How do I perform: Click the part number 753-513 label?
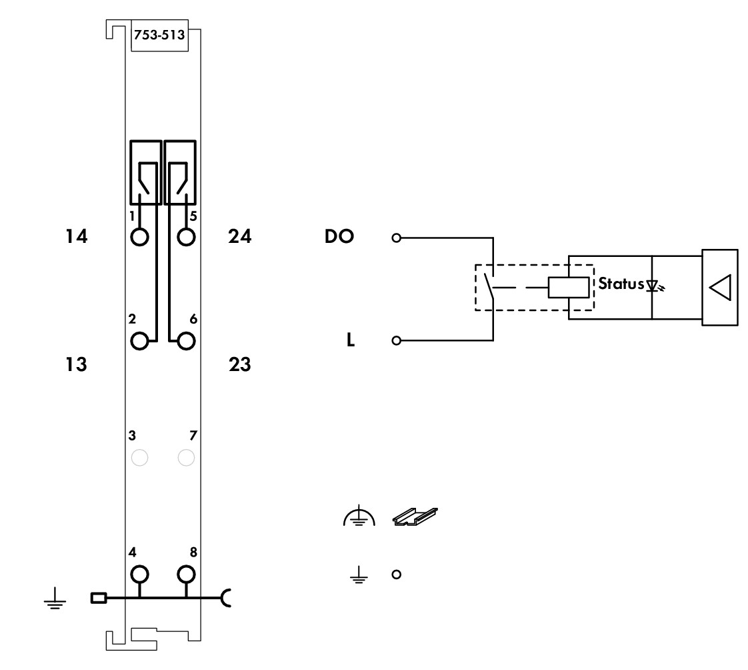[x=159, y=35]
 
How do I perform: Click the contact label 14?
[x=76, y=236]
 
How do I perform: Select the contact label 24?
[x=239, y=236]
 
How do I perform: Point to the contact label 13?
[x=76, y=364]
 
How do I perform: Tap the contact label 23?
[x=239, y=364]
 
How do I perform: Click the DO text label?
[x=339, y=236]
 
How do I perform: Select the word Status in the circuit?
[x=621, y=284]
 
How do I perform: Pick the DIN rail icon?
[x=415, y=517]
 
